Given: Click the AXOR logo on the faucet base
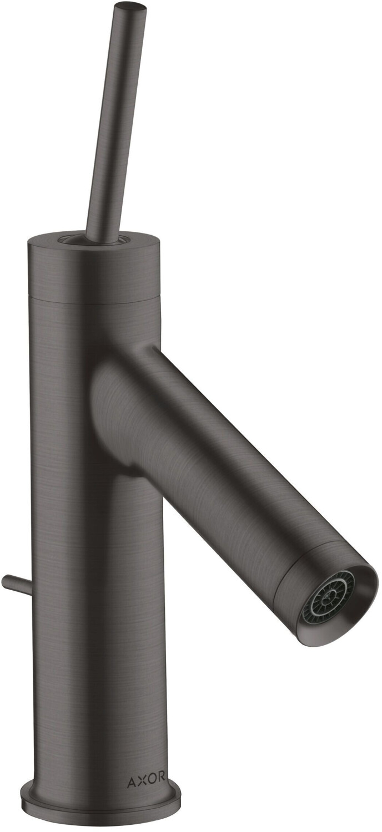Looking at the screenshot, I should tap(146, 782).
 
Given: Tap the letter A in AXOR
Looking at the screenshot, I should tap(132, 782).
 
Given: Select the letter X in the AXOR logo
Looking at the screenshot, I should tap(141, 782).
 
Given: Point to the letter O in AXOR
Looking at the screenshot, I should tap(150, 782).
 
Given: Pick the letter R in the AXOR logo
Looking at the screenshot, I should tap(160, 782).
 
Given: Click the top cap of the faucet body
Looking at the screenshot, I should tap(93, 266).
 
